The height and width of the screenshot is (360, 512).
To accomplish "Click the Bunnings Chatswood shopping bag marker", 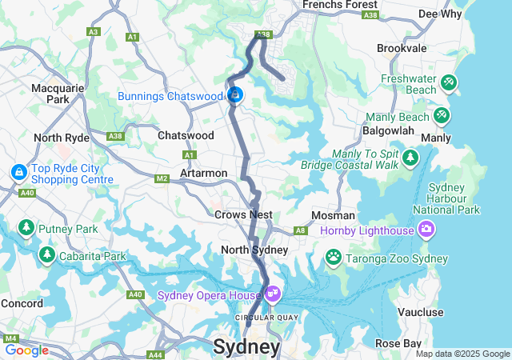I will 235,95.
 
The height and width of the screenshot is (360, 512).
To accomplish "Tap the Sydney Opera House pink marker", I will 273,294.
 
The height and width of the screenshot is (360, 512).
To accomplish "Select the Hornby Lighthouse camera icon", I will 426,230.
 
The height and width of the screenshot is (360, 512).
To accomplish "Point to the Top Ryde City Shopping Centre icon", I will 18,171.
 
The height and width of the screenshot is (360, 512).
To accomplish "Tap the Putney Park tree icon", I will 26,228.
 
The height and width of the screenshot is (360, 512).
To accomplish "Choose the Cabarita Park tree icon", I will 46,255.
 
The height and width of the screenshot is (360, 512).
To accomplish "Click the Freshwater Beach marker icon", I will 448,82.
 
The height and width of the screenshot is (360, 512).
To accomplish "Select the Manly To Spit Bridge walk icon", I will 410,157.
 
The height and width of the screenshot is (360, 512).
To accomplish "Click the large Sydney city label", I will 246,347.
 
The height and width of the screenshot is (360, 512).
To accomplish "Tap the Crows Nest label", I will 243,214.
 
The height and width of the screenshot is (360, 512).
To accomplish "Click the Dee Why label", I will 439,14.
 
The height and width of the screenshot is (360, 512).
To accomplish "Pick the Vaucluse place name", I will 419,312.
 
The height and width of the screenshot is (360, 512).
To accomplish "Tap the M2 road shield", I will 162,178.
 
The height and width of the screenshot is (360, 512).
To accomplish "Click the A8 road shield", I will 301,230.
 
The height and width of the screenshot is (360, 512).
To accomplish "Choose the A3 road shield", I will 93,32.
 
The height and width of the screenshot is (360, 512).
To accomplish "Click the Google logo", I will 26,350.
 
